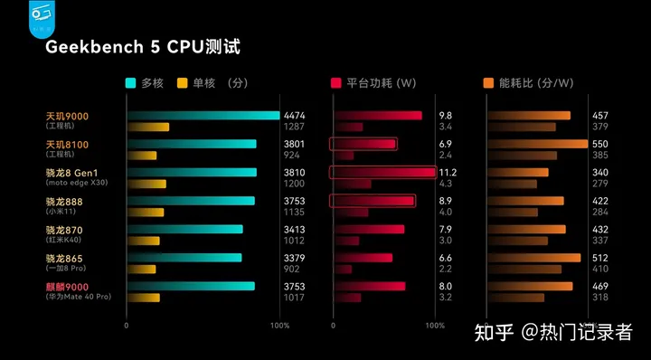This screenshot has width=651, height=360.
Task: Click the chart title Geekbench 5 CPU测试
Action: click(x=144, y=46)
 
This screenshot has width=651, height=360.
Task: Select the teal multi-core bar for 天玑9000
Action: click(x=203, y=116)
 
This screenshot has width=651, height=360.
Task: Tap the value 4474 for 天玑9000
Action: click(x=296, y=116)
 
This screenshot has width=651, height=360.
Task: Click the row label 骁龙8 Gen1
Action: click(x=71, y=173)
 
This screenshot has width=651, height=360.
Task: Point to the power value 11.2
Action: click(x=448, y=173)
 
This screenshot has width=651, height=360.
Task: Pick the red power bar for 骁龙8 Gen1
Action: click(x=384, y=172)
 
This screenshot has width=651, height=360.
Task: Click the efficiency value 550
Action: click(x=599, y=144)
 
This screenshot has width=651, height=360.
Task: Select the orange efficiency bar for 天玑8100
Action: click(x=537, y=144)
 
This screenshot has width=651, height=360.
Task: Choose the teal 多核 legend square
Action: click(x=131, y=83)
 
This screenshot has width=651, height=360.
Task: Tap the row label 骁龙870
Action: click(x=64, y=230)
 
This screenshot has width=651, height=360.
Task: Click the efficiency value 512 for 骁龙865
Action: click(x=599, y=258)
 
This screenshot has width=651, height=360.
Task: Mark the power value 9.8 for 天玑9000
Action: click(x=445, y=116)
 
